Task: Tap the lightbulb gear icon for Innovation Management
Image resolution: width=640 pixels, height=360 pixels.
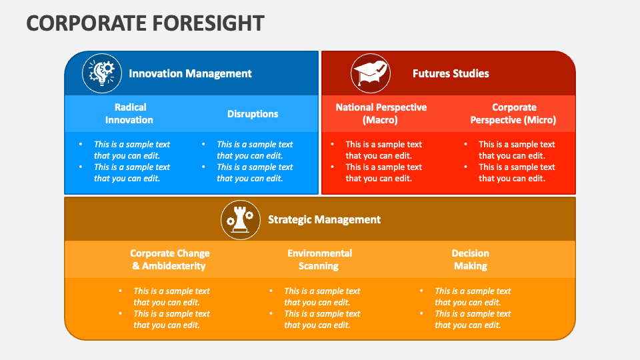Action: click(x=101, y=73)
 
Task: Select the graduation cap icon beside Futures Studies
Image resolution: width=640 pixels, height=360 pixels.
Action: click(x=371, y=73)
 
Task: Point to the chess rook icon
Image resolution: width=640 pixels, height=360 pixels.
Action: click(x=241, y=219)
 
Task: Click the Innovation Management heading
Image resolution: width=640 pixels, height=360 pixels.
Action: click(x=190, y=73)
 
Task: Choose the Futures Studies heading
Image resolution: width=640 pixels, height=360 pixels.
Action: click(x=451, y=73)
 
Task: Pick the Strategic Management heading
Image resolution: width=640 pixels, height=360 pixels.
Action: click(x=324, y=219)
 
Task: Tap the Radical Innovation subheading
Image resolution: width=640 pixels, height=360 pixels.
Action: click(x=129, y=113)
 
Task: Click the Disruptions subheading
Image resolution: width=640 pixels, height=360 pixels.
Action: click(x=253, y=114)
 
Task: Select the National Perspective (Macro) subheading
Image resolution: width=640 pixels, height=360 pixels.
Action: click(x=381, y=113)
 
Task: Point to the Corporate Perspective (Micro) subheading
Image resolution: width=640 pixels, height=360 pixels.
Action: click(x=513, y=113)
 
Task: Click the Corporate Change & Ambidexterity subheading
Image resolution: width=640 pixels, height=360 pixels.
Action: click(x=169, y=259)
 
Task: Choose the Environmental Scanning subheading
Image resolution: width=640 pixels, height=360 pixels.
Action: click(x=319, y=259)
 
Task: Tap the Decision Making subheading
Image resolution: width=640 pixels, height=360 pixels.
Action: click(x=470, y=259)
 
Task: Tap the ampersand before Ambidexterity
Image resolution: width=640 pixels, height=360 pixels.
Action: click(x=135, y=266)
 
